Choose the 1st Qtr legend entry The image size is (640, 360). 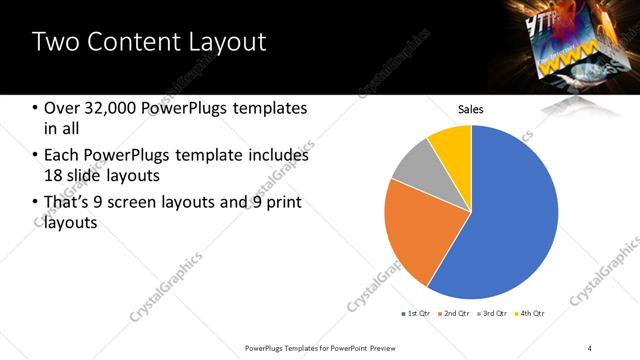click(416, 314)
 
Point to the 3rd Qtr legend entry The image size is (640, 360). click(493, 314)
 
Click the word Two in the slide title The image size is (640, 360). click(55, 42)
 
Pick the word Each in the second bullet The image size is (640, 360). click(62, 155)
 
